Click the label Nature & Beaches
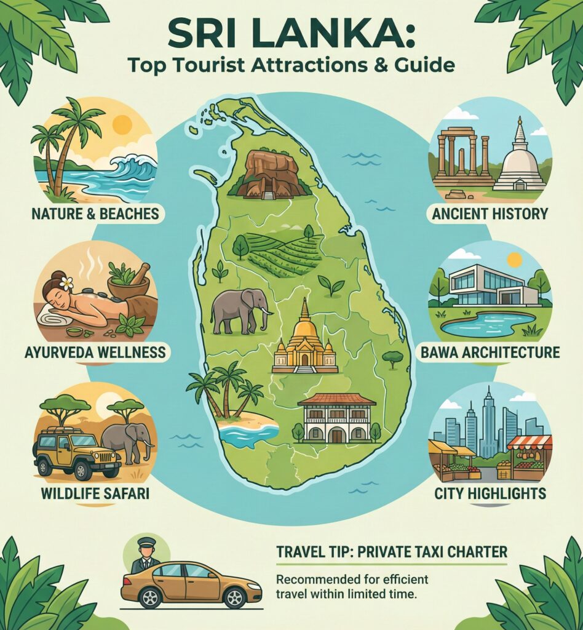point(95,214)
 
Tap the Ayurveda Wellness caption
point(95,353)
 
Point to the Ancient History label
point(490,214)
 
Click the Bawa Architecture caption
point(490,353)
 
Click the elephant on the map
point(240,310)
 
